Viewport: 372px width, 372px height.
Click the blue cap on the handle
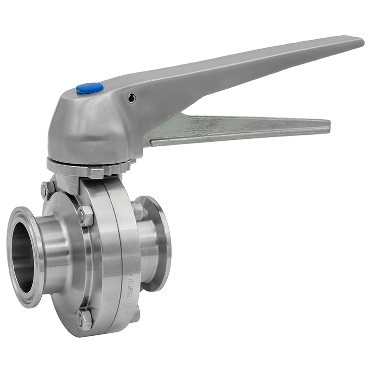pos(90,88)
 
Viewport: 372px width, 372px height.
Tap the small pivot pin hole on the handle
pos(131,99)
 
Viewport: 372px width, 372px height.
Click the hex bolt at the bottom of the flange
pos(85,318)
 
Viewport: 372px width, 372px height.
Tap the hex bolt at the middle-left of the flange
pos(85,215)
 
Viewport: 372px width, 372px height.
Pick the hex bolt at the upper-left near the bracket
pos(48,189)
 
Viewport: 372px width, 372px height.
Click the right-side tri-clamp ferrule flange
pos(158,243)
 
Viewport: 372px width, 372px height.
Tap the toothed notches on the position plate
pos(124,166)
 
